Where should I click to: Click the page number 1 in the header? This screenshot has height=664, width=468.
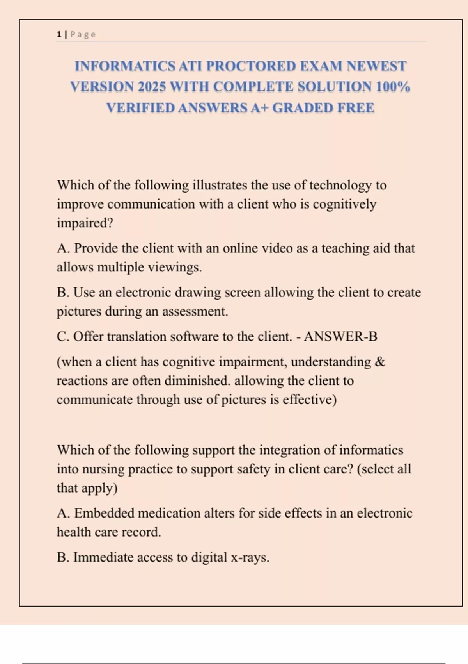coord(59,34)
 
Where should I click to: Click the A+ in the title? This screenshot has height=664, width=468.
coord(259,108)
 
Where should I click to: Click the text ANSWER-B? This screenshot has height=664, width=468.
coord(340,336)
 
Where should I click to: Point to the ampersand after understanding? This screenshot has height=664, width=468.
coord(379,362)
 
